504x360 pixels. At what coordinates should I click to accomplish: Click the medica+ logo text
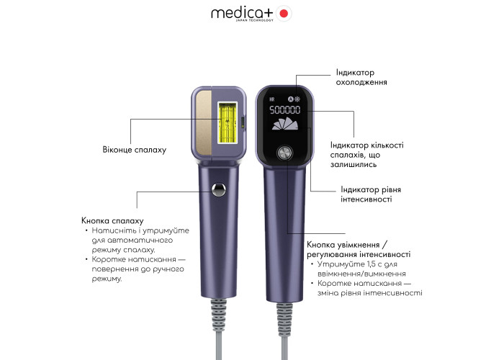[242, 14]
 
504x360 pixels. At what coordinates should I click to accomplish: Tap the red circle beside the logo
[284, 14]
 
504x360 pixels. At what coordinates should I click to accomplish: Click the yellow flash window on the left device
[228, 123]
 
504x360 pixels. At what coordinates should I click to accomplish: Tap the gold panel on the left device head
[204, 122]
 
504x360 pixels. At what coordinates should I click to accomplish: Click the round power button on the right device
[285, 153]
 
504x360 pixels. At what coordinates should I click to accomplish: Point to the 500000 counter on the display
[285, 110]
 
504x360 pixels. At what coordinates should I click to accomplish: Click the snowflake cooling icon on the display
[297, 99]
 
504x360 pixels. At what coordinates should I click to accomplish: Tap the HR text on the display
[272, 99]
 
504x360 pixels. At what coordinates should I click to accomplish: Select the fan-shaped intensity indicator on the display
[285, 124]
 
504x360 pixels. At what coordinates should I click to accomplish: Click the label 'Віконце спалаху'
[135, 150]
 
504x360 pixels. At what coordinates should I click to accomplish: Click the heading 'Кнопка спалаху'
[112, 221]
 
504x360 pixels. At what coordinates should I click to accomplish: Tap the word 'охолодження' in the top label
[361, 82]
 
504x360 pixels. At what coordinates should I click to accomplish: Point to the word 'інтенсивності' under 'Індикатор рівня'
[366, 199]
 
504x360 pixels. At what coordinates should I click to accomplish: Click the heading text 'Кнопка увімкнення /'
[347, 245]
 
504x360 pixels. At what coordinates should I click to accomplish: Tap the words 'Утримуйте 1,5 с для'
[357, 264]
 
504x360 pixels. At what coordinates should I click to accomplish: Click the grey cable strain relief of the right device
[285, 319]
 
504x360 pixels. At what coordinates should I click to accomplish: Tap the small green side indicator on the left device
[243, 122]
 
